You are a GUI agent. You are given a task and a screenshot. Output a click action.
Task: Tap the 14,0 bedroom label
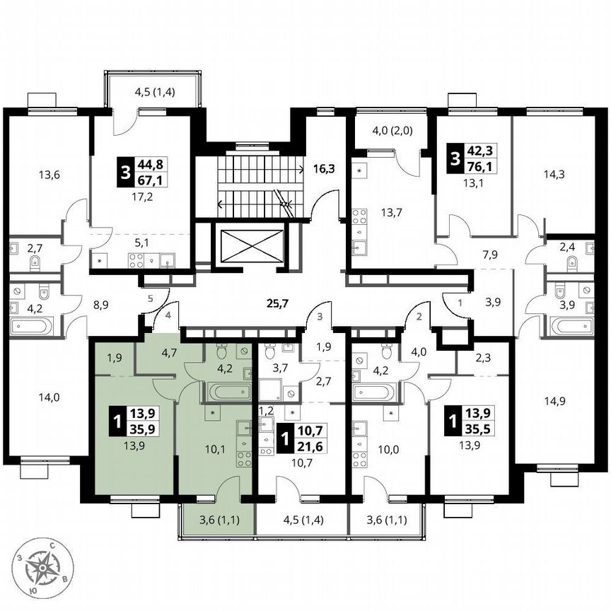pyautogui.click(x=50, y=397)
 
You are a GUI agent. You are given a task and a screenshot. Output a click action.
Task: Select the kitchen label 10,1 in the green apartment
pyautogui.click(x=214, y=446)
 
